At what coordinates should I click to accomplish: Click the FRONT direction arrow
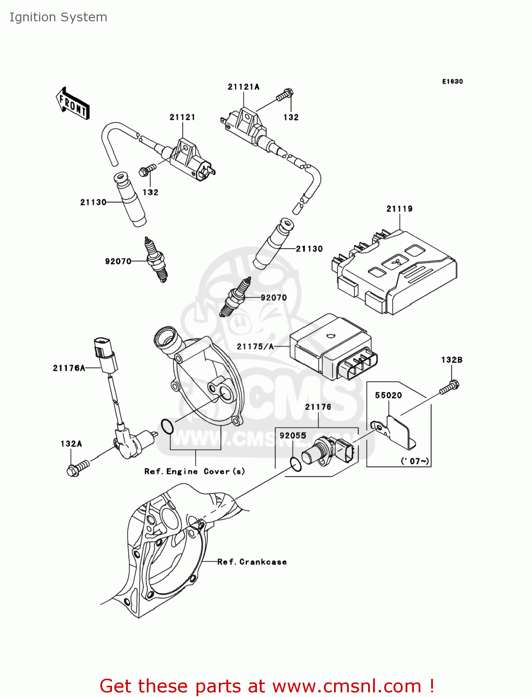[x=73, y=103]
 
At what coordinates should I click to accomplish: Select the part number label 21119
[x=399, y=209]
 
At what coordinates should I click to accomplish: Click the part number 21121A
[x=243, y=87]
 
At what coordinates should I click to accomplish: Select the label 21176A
[x=69, y=368]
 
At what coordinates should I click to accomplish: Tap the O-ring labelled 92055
[x=295, y=464]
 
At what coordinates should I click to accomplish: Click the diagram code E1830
[x=452, y=81]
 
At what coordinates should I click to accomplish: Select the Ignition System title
[x=59, y=17]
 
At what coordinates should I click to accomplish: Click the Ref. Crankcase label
[x=252, y=562]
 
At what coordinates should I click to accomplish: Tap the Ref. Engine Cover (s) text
[x=194, y=471]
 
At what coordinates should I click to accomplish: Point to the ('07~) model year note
[x=415, y=461]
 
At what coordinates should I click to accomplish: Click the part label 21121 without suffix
[x=182, y=117]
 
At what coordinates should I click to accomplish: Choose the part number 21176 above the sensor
[x=318, y=407]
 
